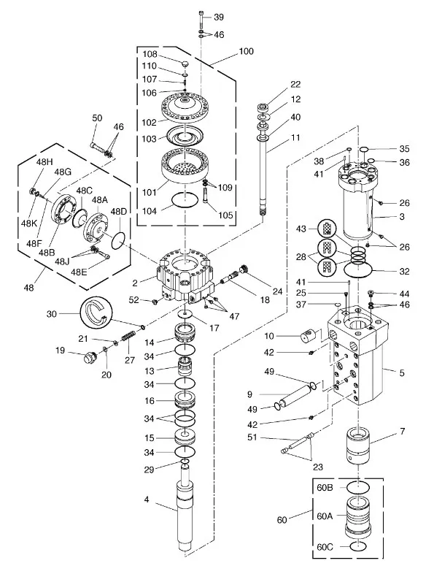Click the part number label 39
coord(219,18)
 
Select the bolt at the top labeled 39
coord(201,20)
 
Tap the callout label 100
coord(246,51)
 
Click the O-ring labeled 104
coord(185,200)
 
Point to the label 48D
coord(119,212)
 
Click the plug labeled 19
coord(89,357)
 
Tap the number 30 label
coord(52,314)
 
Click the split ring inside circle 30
coord(97,313)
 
